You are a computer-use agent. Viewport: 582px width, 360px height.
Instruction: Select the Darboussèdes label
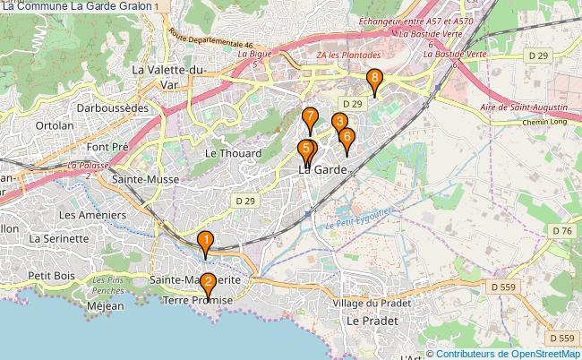pyautogui.click(x=112, y=106)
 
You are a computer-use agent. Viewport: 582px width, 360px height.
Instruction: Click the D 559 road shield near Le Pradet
pyautogui.click(x=506, y=287)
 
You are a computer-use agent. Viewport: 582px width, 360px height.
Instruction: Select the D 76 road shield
pyautogui.click(x=562, y=231)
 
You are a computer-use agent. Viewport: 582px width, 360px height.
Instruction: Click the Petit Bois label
pyautogui.click(x=50, y=275)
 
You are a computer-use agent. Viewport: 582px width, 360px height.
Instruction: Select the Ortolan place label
pyautogui.click(x=56, y=126)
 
